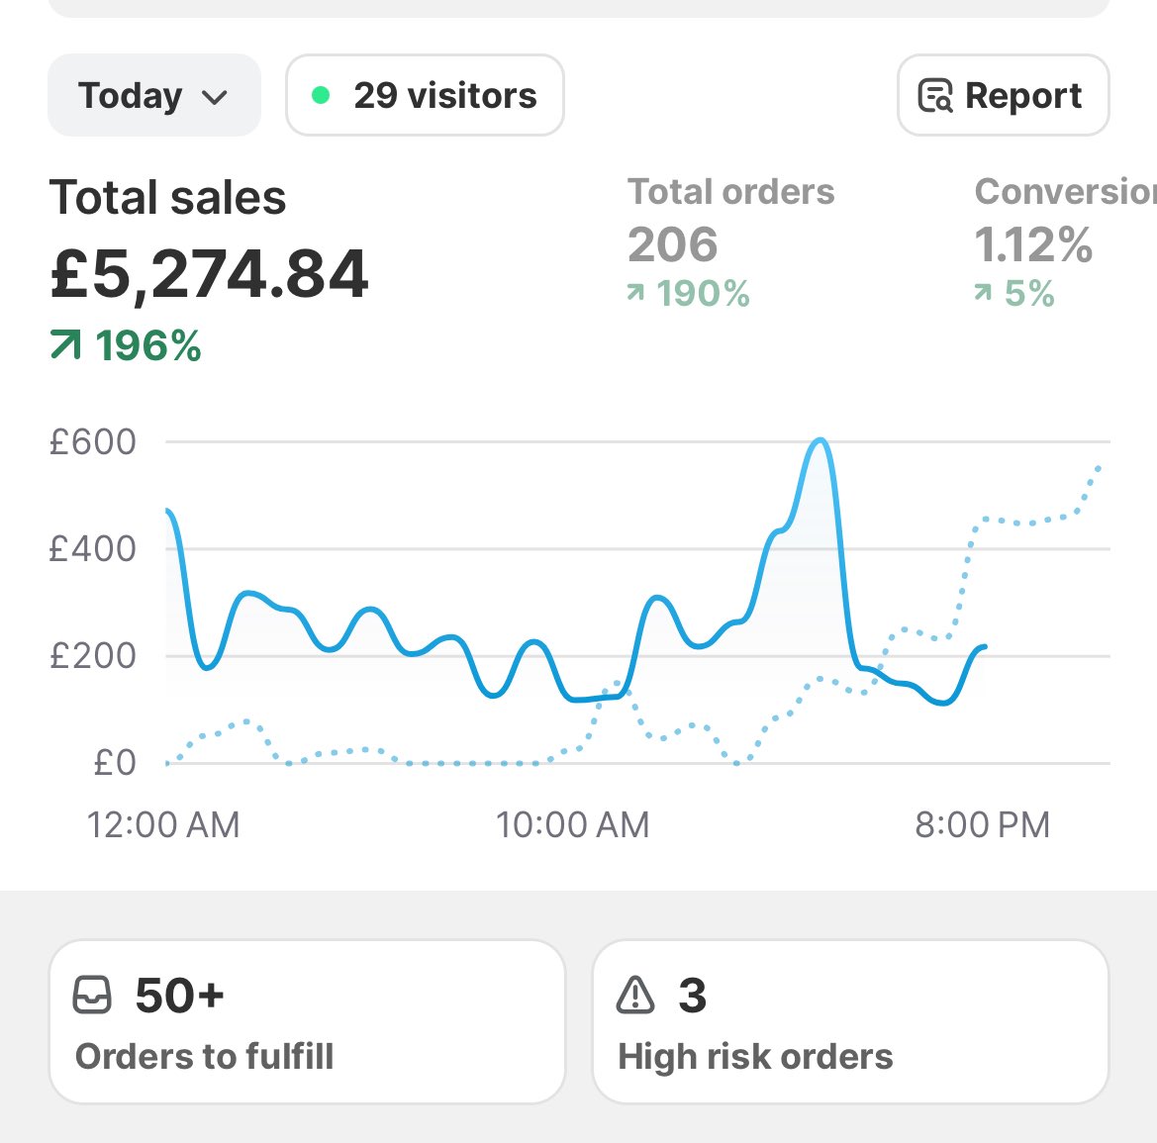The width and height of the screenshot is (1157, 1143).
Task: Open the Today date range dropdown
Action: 153,96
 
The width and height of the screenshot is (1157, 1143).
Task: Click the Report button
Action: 1003,96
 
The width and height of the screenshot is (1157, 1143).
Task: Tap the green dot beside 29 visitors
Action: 321,95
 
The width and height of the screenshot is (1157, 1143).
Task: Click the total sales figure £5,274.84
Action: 209,274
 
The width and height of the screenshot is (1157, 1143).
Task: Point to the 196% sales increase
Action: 127,346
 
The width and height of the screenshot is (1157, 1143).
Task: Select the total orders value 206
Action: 672,244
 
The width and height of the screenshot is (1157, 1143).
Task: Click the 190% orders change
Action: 689,294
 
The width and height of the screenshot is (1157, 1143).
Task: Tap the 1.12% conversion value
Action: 1033,244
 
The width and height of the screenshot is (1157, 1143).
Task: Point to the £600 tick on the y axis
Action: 93,441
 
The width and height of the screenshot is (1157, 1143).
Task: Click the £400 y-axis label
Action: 93,548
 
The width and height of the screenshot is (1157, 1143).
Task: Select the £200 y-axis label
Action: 93,655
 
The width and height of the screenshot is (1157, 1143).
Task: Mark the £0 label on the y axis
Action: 114,762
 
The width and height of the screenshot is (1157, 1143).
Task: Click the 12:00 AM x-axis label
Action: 163,824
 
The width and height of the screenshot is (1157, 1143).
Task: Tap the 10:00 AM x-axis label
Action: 572,824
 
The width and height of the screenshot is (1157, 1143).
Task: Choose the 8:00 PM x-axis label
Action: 982,824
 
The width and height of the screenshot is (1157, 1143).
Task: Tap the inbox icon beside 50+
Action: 93,995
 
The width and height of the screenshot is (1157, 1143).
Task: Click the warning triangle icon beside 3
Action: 635,995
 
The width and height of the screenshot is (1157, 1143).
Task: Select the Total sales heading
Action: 167,197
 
